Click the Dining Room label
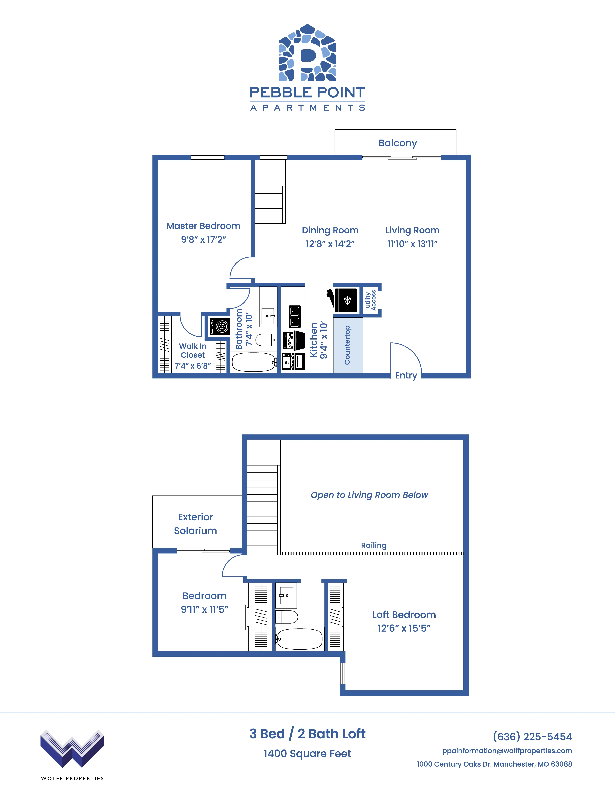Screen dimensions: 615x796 330,230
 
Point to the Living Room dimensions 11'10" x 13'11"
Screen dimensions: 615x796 412,244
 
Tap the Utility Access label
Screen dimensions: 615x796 371,300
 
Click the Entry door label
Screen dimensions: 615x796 406,375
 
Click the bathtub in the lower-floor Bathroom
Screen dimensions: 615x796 254,362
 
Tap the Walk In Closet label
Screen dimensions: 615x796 193,351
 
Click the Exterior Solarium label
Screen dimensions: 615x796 196,524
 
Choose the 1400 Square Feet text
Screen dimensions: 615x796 307,753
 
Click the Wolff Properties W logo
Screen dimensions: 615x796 72,748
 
